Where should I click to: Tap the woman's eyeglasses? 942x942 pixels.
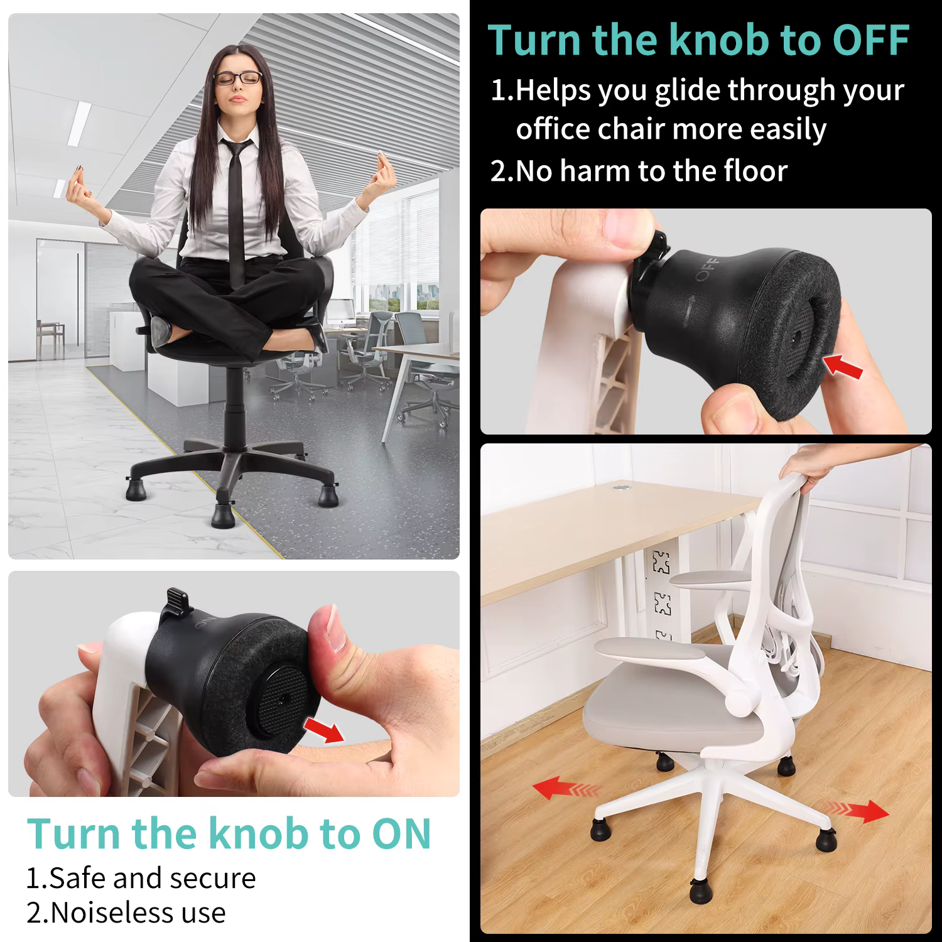237,78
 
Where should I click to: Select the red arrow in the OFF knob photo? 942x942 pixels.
845,366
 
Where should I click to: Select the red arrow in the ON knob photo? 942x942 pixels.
324,730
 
